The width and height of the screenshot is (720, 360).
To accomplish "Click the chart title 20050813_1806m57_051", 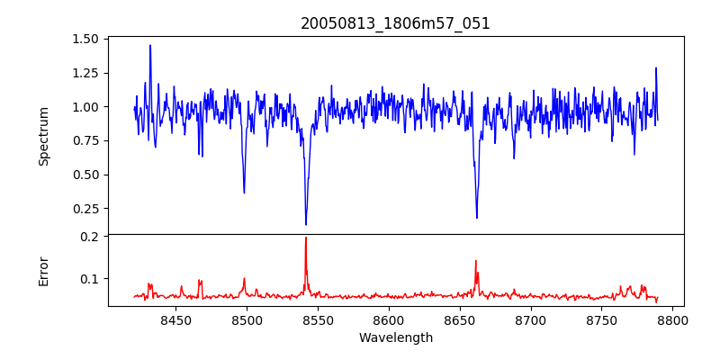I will click(x=395, y=23).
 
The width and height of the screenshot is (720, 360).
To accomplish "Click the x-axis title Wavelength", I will click(x=395, y=338).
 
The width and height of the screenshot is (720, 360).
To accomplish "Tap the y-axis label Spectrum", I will click(x=43, y=136).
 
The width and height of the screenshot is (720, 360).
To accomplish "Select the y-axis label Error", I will click(x=43, y=271).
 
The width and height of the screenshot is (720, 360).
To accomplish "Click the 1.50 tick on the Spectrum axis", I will click(x=85, y=39).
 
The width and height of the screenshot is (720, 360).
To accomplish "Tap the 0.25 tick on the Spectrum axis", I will click(x=85, y=209).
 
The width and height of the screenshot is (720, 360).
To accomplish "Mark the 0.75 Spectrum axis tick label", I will click(x=85, y=140).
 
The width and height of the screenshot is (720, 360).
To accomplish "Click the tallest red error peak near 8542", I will click(x=306, y=238).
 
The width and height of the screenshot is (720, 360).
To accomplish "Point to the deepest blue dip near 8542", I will click(x=306, y=224).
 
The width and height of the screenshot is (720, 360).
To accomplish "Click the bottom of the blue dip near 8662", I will click(x=477, y=218).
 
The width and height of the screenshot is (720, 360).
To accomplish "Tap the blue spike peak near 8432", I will click(x=150, y=45).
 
